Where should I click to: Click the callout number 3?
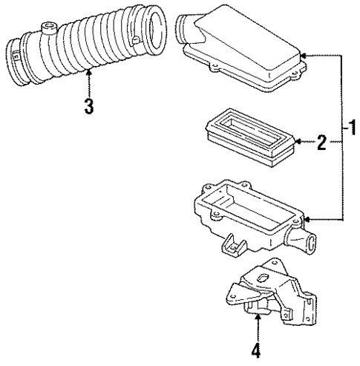(x=88, y=105)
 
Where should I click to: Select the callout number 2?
(x=321, y=142)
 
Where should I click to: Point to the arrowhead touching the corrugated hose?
(x=88, y=72)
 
